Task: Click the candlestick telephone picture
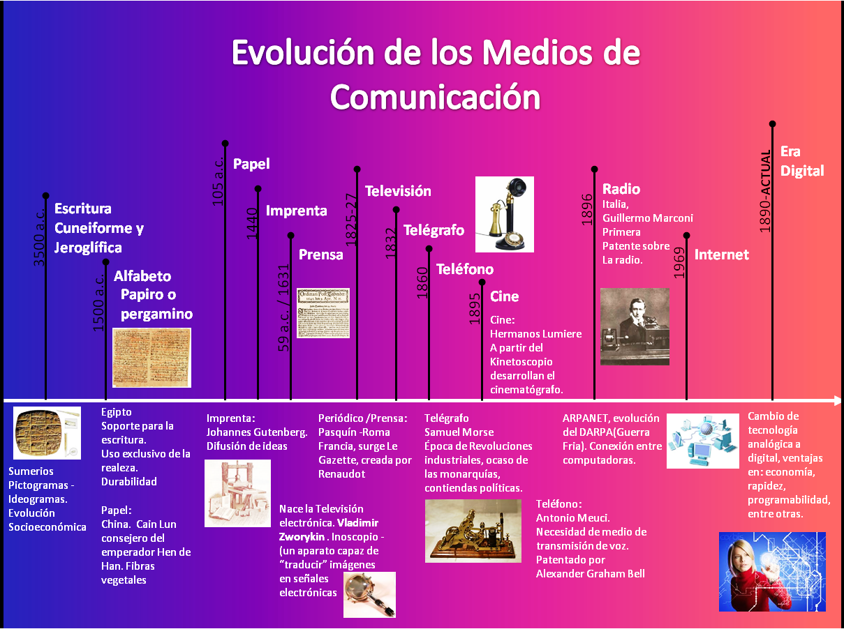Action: coord(505,213)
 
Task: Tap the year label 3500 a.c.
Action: coord(40,241)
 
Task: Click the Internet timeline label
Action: coord(721,255)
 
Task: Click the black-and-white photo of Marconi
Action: coord(635,326)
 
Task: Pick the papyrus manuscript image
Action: coord(152,358)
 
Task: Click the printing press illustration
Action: coord(237,493)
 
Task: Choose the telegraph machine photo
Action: coord(473,531)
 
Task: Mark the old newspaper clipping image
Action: coord(323,313)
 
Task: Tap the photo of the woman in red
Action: coord(771,571)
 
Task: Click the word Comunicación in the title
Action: coord(435,97)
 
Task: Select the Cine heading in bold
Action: coord(505,296)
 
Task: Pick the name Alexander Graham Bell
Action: coord(591,573)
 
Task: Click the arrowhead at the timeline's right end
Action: coord(838,401)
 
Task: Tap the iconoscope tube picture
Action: coord(369,594)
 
